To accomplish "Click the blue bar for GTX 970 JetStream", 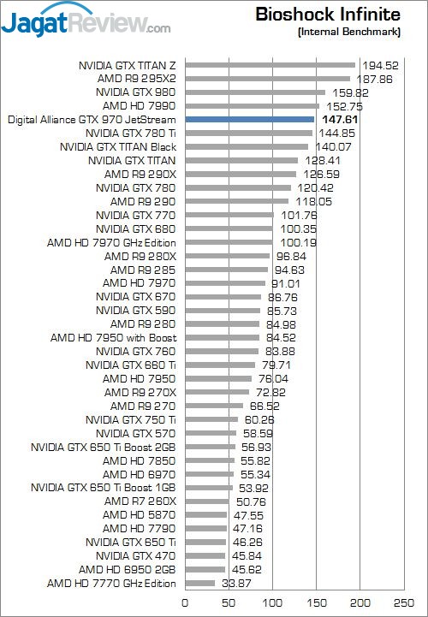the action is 250,119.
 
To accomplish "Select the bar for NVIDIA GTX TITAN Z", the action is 270,65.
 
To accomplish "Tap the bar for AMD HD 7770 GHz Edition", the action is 200,583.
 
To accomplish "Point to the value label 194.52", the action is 380,65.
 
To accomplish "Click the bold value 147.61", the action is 340,120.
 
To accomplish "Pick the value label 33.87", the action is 236,583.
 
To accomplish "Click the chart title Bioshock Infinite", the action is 328,15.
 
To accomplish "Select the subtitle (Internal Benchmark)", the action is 349,32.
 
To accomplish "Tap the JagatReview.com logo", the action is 86,21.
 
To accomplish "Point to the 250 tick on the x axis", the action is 403,602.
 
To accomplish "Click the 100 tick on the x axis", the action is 272,602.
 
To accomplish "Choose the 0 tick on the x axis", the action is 185,602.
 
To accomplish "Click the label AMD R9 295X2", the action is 137,79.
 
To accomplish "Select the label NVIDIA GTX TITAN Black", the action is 118,147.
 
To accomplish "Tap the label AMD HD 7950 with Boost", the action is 113,338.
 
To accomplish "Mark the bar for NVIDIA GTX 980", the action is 255,92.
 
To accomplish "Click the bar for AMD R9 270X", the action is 217,392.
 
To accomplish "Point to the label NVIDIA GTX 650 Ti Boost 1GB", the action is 104,488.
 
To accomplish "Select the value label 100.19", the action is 298,243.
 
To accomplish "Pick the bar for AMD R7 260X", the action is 207,501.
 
